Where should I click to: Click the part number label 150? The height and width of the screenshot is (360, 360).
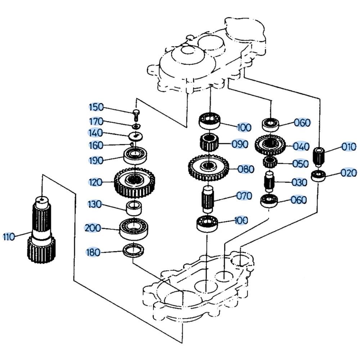tap(96, 107)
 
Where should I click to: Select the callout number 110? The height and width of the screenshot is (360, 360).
tap(9, 237)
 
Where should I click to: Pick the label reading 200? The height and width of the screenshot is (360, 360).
tap(93, 228)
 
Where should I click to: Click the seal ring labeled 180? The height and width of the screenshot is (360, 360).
tap(134, 250)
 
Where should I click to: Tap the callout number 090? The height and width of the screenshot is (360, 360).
tap(240, 144)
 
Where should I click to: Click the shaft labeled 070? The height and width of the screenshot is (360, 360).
tap(207, 199)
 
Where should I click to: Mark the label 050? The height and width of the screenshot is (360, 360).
tap(300, 164)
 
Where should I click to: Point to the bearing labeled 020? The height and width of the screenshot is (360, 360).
tap(318, 176)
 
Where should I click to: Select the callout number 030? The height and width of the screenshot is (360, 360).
tap(299, 182)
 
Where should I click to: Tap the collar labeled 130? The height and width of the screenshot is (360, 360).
tap(134, 208)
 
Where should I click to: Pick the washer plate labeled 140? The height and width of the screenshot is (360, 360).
tap(136, 136)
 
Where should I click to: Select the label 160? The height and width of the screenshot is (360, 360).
tap(95, 145)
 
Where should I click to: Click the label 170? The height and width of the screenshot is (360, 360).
tap(96, 121)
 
